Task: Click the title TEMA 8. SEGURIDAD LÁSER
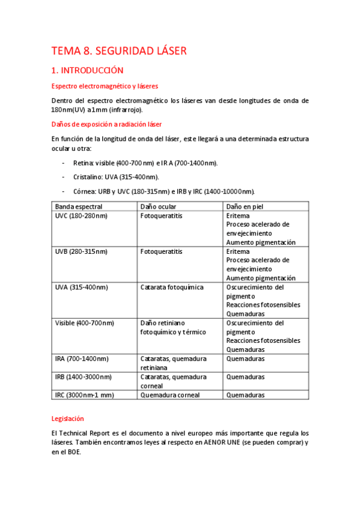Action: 119,51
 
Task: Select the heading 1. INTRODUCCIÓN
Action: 87,70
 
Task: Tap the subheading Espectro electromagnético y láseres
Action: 105,86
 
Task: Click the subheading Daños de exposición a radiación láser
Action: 106,124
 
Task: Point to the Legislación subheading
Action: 67,418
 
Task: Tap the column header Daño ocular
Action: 158,206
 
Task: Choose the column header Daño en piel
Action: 246,206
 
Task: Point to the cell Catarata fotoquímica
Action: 171,287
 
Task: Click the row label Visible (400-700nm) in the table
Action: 84,323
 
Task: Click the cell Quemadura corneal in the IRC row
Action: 169,395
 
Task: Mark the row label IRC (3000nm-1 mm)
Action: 84,395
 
